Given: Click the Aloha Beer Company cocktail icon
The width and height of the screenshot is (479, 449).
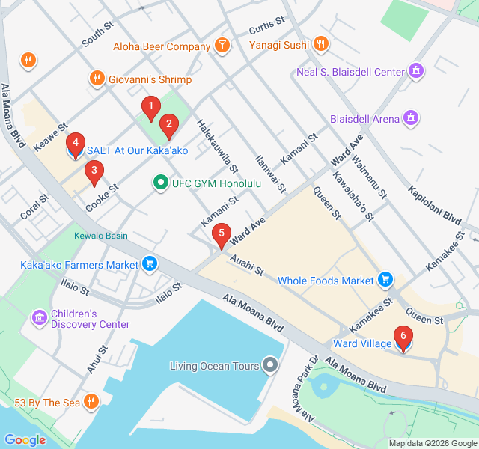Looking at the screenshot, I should [x=222, y=46].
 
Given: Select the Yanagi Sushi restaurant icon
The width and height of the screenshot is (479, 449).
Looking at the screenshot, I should [x=321, y=44].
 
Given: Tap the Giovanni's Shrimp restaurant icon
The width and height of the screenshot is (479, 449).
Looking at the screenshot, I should [x=97, y=79].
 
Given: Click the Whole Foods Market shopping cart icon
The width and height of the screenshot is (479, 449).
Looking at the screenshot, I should [x=385, y=281].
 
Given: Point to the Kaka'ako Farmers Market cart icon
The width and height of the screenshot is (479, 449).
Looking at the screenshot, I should [x=150, y=264].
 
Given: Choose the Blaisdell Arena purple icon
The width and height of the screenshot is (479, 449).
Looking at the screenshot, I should [x=410, y=118].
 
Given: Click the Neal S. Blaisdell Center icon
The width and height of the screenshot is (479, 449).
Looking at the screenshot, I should [x=416, y=72].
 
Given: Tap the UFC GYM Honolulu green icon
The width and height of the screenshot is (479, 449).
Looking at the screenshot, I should [x=159, y=182].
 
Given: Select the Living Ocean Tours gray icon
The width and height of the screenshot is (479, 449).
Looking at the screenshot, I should [x=271, y=366].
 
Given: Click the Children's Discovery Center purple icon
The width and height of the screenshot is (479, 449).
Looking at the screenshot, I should [x=39, y=319].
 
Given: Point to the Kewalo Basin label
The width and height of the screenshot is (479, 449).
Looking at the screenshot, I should [x=100, y=236].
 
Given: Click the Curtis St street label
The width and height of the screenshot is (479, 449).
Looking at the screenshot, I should [x=267, y=27].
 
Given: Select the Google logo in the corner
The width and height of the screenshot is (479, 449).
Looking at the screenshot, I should [x=25, y=440].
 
